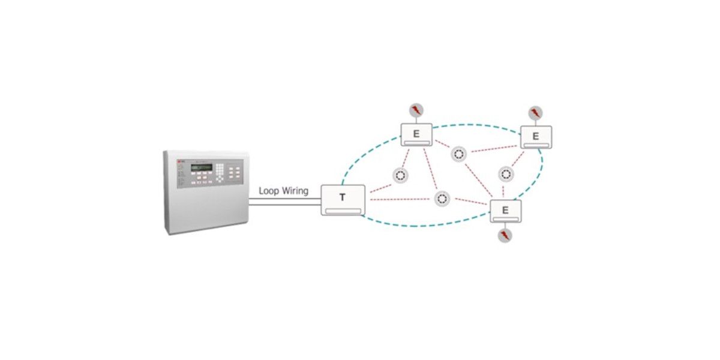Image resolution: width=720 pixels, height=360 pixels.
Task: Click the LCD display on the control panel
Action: pyautogui.click(x=201, y=167)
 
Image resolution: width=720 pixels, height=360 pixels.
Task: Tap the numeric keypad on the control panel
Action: pyautogui.click(x=221, y=172)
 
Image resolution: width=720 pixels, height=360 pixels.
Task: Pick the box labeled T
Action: pyautogui.click(x=343, y=200)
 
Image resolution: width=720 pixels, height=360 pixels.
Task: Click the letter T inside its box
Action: pyautogui.click(x=343, y=197)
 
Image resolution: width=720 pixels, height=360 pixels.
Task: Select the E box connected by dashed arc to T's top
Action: pyautogui.click(x=416, y=134)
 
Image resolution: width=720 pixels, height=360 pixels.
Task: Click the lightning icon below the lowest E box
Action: pyautogui.click(x=505, y=235)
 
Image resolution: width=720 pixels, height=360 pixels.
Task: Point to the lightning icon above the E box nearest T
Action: pyautogui.click(x=416, y=110)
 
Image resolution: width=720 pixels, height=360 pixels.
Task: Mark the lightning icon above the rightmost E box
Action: pyautogui.click(x=535, y=112)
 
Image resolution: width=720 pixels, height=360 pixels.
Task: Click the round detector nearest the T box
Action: pyautogui.click(x=400, y=176)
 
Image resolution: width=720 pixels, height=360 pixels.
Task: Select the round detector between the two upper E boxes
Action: pyautogui.click(x=459, y=154)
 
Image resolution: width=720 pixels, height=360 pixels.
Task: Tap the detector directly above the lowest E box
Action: pyautogui.click(x=505, y=175)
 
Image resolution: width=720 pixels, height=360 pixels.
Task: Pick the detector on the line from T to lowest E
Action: pyautogui.click(x=442, y=198)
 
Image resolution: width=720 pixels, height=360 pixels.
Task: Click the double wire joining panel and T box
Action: pyautogui.click(x=285, y=203)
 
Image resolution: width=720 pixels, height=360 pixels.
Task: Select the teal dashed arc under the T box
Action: pyautogui.click(x=420, y=225)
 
